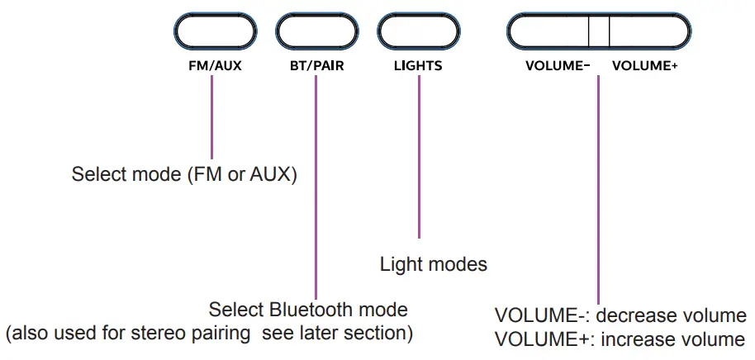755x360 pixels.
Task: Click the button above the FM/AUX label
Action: [214, 32]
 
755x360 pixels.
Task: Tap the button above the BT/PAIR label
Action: [316, 32]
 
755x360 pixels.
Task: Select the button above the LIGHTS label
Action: [418, 32]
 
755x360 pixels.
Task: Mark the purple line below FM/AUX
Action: [212, 116]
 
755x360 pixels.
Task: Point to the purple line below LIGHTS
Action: [419, 157]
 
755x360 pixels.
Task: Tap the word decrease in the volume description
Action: [631, 316]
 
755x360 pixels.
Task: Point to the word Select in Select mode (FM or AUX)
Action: [95, 175]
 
